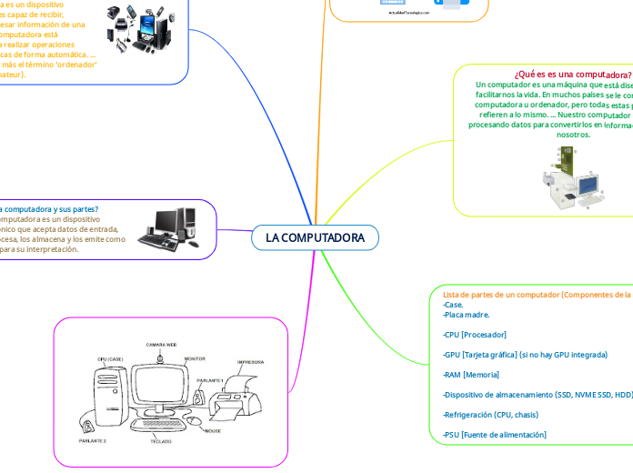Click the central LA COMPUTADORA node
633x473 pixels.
(315, 237)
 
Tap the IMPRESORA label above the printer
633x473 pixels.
(250, 361)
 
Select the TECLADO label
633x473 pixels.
(162, 440)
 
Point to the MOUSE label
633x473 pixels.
(213, 430)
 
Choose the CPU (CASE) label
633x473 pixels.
(109, 359)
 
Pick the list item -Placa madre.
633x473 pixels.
(467, 315)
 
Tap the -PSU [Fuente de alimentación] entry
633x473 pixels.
(495, 435)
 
